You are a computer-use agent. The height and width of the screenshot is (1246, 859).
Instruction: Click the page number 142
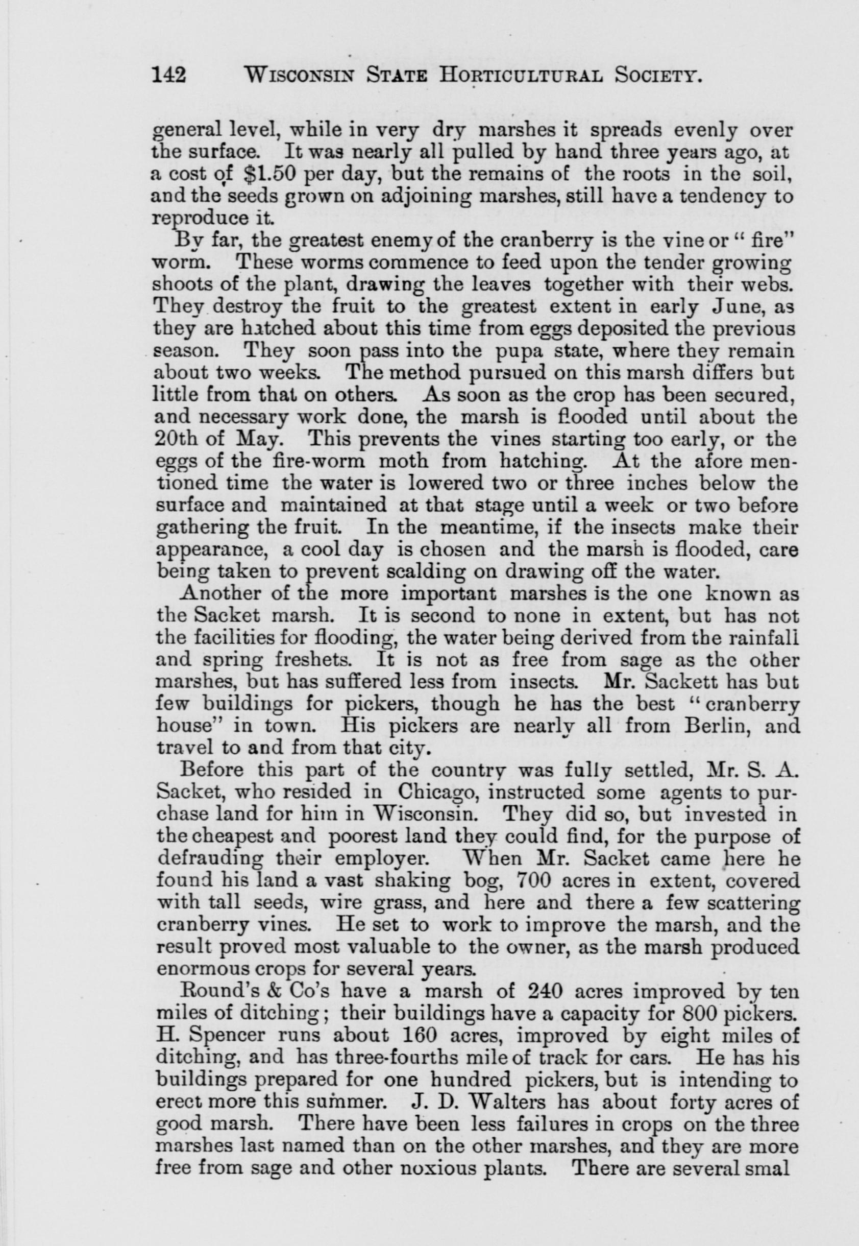(169, 76)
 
